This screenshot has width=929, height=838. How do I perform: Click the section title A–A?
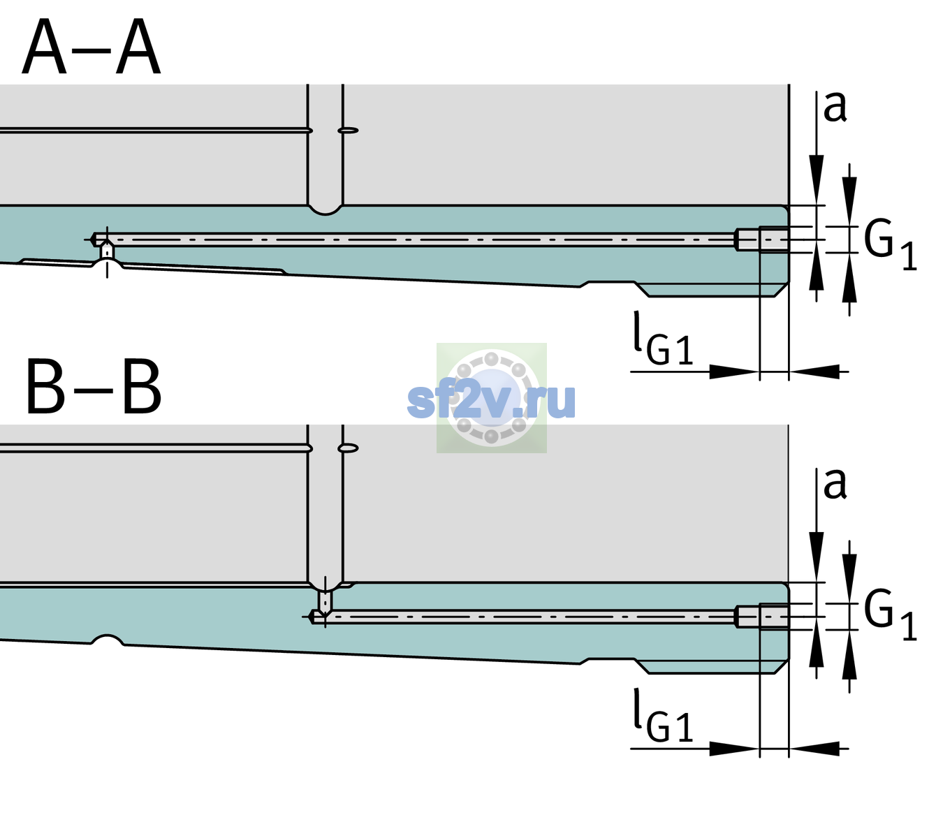pos(92,47)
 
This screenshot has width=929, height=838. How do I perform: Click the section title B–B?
pos(94,386)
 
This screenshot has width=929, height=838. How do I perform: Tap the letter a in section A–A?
pos(835,106)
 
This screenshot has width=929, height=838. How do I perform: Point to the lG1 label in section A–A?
pos(663,339)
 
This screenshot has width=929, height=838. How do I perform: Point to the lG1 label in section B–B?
pos(663,716)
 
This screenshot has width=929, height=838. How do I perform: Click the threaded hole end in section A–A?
pos(762,240)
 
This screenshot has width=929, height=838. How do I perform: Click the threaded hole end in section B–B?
pos(762,617)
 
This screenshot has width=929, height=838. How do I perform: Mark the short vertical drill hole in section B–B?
pos(325,601)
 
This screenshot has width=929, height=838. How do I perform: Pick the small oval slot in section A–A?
pos(349,131)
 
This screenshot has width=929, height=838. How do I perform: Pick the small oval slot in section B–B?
pos(349,448)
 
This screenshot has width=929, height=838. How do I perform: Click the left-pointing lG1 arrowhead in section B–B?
pos(814,749)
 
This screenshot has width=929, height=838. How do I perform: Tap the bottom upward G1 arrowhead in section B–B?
pos(849,654)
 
